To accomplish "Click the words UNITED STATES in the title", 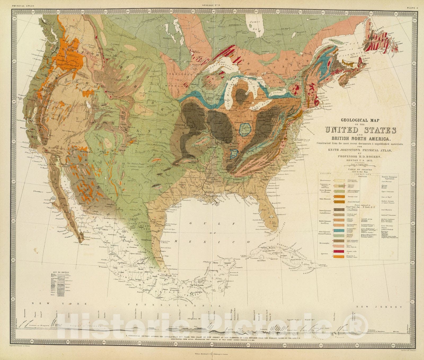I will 360,130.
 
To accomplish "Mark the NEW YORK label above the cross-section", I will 59,303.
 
